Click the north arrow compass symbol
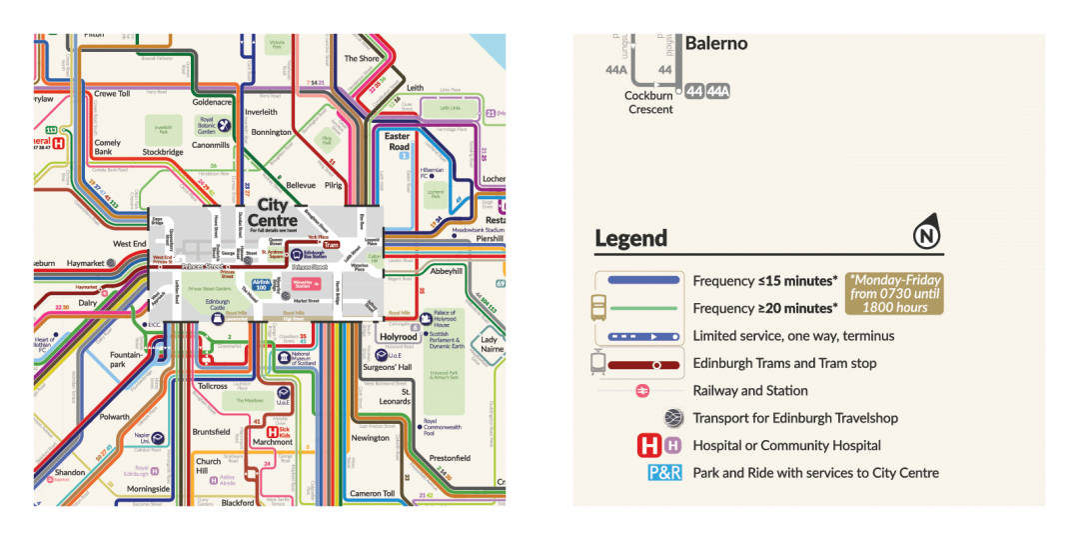[x=926, y=237]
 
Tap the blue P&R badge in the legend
[x=664, y=473]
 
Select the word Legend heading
[x=630, y=239]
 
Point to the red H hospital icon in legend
[x=649, y=445]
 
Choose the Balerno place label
[x=715, y=44]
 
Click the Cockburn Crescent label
[x=649, y=103]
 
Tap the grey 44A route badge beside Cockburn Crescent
[x=718, y=92]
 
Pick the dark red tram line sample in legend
[x=639, y=364]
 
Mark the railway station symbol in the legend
[x=643, y=391]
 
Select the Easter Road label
[x=398, y=141]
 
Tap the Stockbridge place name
[x=162, y=153]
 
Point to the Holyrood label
[x=400, y=337]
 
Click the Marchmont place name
[x=272, y=442]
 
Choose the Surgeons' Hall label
[x=387, y=367]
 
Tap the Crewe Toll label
[x=112, y=94]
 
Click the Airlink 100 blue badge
[x=261, y=286]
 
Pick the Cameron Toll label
[x=372, y=494]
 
